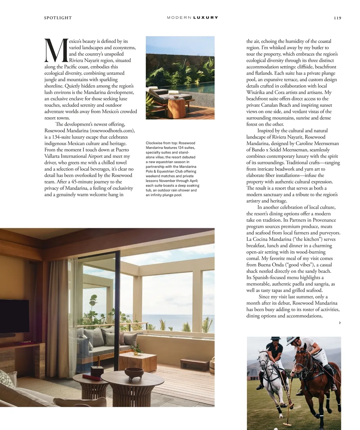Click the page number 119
pyautogui.click(x=337, y=18)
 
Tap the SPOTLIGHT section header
pyautogui.click(x=58, y=18)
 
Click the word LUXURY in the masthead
pyautogui.click(x=205, y=18)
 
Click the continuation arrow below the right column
pyautogui.click(x=340, y=323)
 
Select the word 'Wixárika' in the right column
pyautogui.click(x=255, y=92)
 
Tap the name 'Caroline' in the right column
pyautogui.click(x=304, y=143)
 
